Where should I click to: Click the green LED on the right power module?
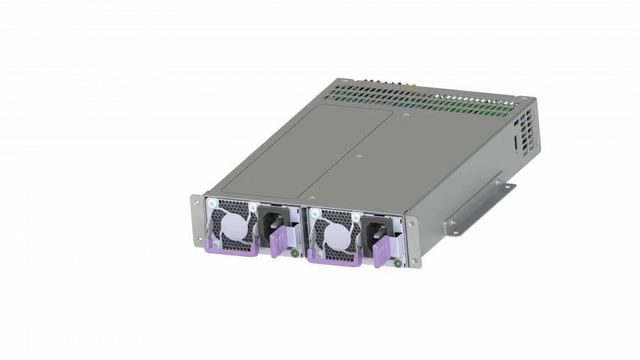point(395,265)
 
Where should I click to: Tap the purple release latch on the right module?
point(383,253)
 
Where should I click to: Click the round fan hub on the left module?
point(233,226)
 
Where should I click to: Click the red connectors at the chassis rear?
point(370,81)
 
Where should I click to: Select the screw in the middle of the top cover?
point(360,154)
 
